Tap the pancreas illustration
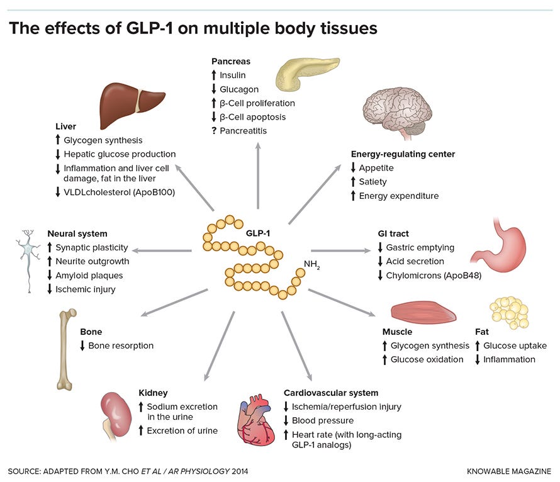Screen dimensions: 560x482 305,73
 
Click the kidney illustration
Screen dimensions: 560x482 115,414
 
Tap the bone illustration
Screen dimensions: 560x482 67,349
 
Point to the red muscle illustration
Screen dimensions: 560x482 423,311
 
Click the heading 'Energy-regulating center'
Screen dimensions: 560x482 403,154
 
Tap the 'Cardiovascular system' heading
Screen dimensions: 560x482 331,393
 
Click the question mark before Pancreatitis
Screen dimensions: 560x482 214,131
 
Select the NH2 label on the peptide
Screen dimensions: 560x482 312,264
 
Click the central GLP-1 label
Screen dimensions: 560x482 258,233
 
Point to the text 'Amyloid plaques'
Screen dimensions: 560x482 89,276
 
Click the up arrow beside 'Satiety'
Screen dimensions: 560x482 353,182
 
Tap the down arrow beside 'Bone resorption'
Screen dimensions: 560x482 82,345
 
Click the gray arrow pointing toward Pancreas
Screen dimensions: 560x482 258,176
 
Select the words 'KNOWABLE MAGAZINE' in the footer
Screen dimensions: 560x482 509,471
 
